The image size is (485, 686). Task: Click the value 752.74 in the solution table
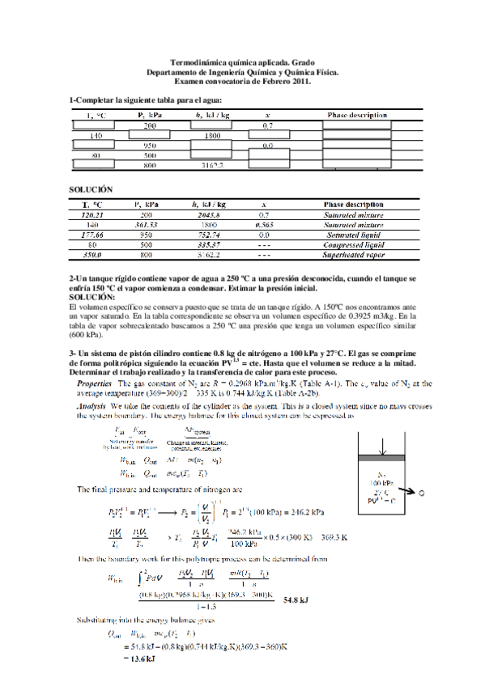tap(208, 235)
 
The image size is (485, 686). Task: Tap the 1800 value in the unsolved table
tap(213, 135)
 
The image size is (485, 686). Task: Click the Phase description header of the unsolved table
tap(357, 116)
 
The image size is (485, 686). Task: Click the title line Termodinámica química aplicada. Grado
tap(242, 62)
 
